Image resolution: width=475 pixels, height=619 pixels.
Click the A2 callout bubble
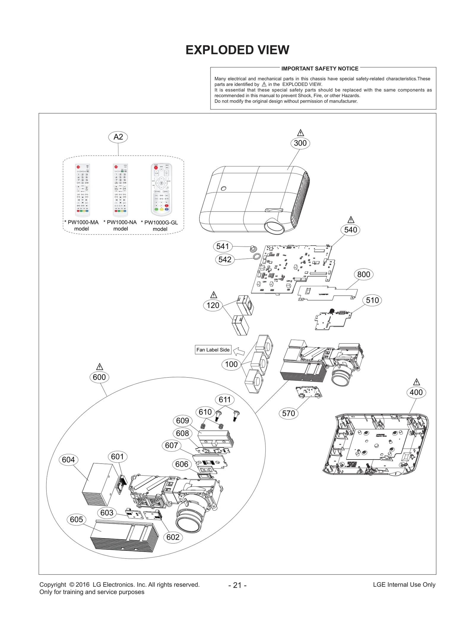click(x=118, y=137)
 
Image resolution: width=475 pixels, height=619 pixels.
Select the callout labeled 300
click(x=300, y=143)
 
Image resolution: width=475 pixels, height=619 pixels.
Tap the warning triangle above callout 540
click(x=351, y=220)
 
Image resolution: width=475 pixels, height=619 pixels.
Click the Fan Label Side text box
click(x=213, y=350)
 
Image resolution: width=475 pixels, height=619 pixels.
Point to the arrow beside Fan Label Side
click(x=239, y=351)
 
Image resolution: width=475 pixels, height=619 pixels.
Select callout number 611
click(x=224, y=399)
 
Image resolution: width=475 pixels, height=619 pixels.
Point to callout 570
click(x=288, y=413)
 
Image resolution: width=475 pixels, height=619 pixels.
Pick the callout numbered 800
click(x=363, y=274)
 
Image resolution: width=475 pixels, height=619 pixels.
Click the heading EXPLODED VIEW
click(x=237, y=50)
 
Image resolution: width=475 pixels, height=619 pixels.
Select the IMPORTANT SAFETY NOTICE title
click(x=320, y=69)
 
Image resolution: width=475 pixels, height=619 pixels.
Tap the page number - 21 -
click(x=237, y=585)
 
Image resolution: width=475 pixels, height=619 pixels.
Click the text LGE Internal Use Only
click(x=404, y=585)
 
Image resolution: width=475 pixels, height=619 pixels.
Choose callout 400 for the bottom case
click(x=416, y=392)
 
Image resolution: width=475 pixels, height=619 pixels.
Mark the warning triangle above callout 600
click(x=100, y=367)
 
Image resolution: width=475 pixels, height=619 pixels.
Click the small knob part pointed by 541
click(x=253, y=248)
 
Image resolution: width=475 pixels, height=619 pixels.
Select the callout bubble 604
click(x=68, y=459)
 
